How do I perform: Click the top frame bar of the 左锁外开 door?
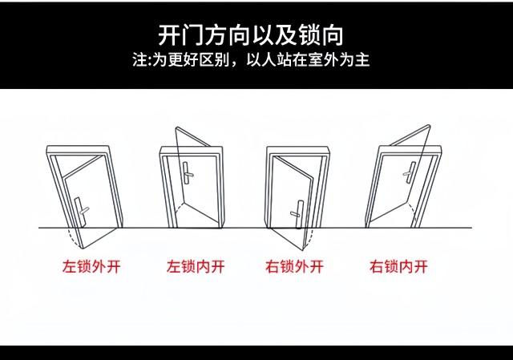(x=78, y=150)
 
